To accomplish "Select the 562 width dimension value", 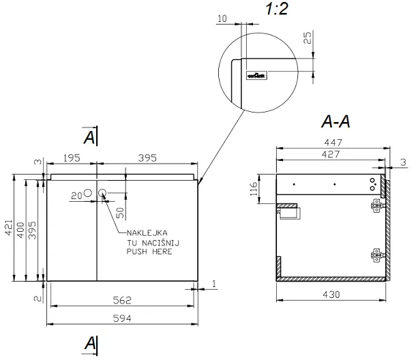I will pos(122,299).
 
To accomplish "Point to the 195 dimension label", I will pos(72,158).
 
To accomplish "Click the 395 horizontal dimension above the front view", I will pos(147,158).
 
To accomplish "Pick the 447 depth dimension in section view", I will pos(332,142).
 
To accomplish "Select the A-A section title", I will pos(336,122).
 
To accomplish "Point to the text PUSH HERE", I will pos(149,251).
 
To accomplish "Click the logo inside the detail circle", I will pos(256,75).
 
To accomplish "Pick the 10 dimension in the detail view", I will pos(222,18).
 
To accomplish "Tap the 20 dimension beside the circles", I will pos(76,195).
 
